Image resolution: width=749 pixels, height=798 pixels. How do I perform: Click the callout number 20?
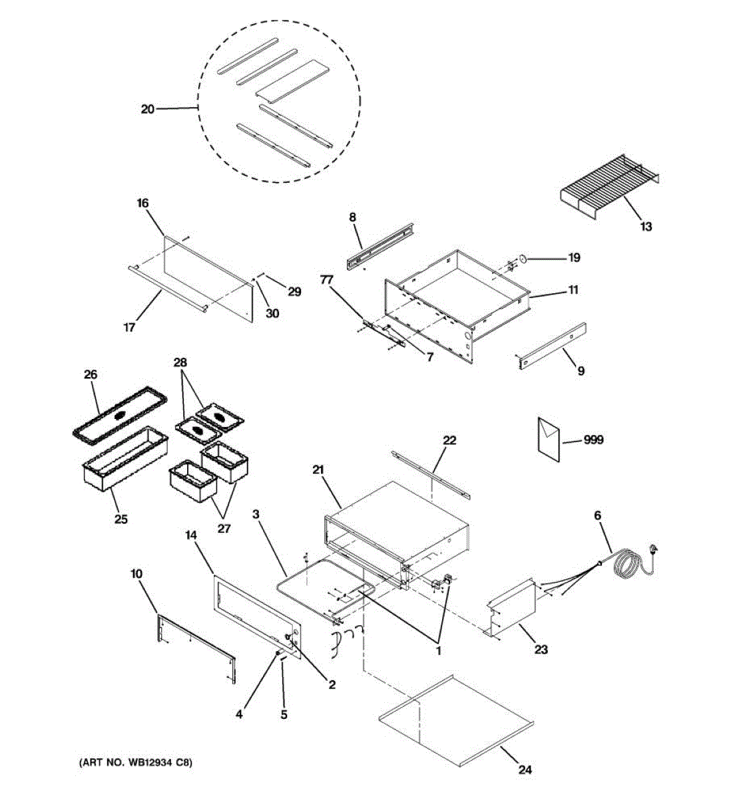147,108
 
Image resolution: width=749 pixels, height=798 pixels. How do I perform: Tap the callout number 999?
593,440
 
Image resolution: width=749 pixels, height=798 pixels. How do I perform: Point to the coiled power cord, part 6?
629,562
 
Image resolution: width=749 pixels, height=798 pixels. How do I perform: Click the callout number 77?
326,281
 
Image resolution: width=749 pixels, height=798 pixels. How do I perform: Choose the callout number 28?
180,362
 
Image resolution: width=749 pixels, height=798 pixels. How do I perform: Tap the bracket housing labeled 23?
513,608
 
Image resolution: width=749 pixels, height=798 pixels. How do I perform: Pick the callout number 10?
136,573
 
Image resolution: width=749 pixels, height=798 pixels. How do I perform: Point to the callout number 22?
450,440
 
